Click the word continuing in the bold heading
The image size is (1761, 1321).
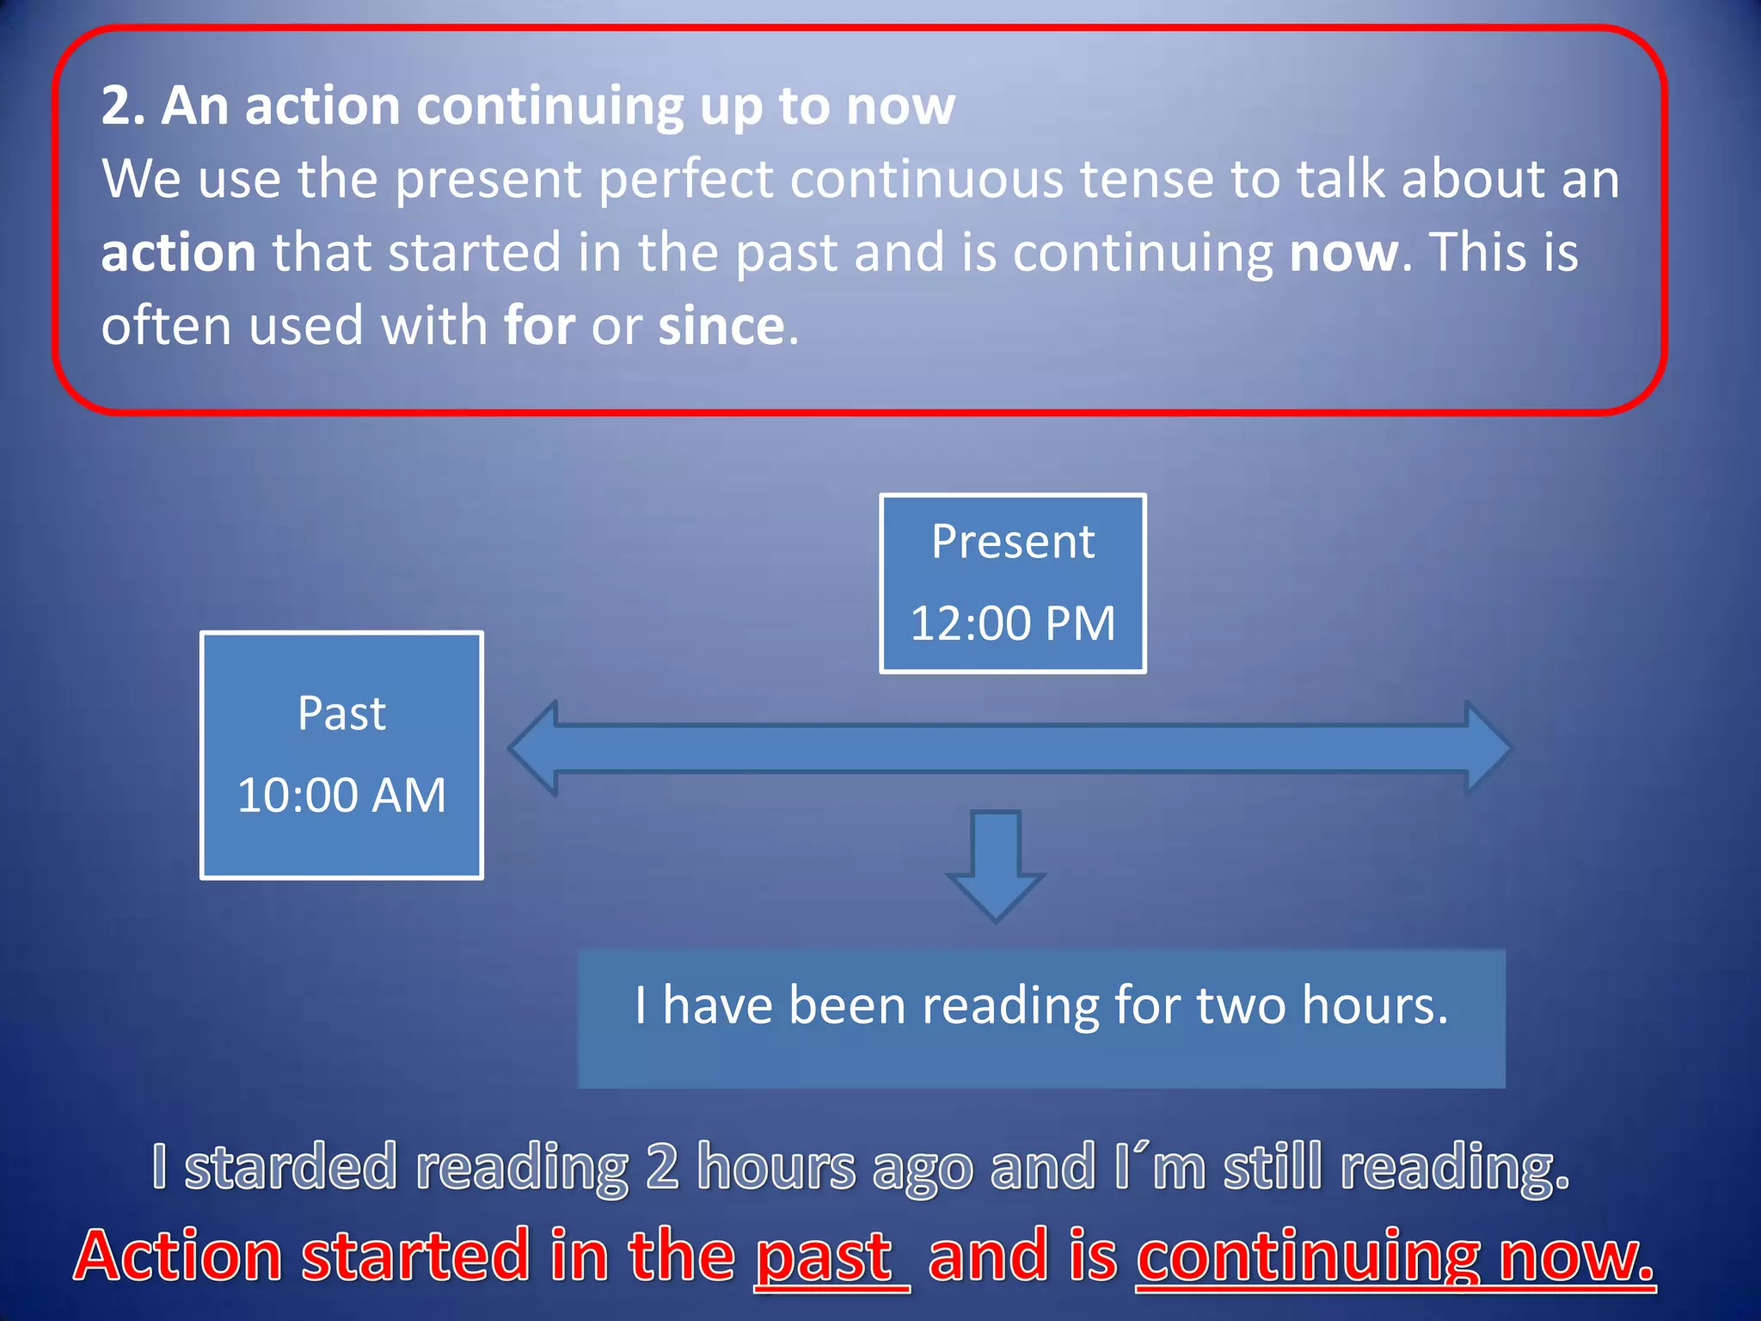(549, 107)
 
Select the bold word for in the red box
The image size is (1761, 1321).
(539, 327)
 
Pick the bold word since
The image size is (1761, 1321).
(721, 327)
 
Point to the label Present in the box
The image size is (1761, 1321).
(1013, 542)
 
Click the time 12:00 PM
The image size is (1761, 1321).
(1013, 624)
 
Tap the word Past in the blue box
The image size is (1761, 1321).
(341, 714)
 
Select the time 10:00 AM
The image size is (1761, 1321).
(341, 796)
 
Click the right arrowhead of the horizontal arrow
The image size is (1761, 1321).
(1488, 748)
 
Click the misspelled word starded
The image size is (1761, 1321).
(291, 1168)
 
